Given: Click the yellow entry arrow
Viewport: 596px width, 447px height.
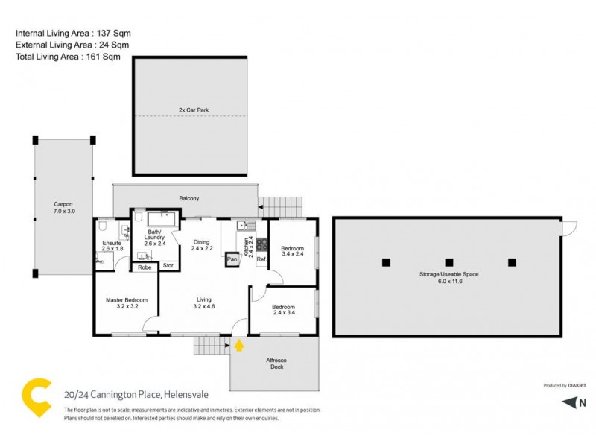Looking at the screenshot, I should click(239, 344).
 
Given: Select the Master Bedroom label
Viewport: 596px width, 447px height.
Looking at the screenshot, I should click(127, 303).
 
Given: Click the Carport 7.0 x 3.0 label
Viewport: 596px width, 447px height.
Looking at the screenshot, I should click(63, 207).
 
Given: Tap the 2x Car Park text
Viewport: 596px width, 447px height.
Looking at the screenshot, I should click(193, 110).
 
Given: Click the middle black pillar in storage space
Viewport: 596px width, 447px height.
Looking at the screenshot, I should click(448, 261).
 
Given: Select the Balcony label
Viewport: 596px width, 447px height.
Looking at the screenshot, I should click(188, 198).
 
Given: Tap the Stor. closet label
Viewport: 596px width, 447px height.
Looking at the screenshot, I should click(168, 266).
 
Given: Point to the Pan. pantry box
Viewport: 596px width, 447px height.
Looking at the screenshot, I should click(232, 259).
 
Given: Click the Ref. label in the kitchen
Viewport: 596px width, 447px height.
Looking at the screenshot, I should click(261, 259).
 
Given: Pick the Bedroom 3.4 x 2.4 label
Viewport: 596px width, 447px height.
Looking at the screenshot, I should click(292, 252).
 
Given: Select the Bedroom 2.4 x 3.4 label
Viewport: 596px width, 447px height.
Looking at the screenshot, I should click(283, 311).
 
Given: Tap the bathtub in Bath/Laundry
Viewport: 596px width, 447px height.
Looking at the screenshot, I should click(162, 219).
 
